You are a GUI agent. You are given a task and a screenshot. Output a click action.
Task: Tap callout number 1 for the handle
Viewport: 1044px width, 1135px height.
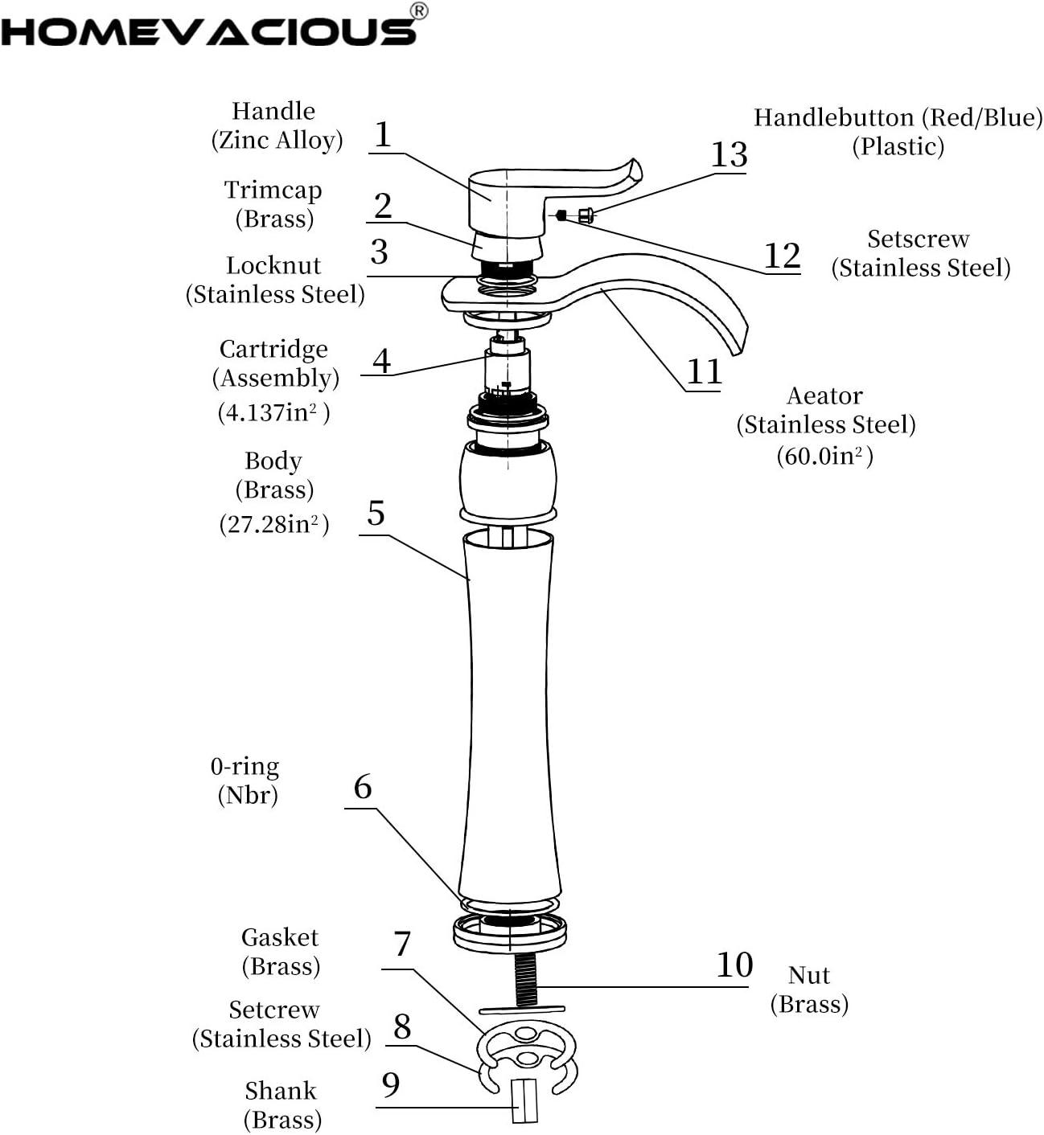[383, 135]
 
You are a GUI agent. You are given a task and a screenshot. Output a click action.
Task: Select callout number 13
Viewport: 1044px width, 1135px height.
[729, 154]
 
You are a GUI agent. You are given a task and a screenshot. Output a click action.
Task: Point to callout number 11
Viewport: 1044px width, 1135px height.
[704, 372]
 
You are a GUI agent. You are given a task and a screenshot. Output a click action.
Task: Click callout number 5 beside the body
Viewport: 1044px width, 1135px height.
[376, 514]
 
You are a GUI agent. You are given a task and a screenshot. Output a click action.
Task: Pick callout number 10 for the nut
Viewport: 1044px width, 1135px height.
[734, 965]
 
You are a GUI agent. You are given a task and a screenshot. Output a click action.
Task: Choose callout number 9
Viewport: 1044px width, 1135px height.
[391, 1085]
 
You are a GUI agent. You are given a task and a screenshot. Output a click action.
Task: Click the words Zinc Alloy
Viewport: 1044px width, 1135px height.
[277, 141]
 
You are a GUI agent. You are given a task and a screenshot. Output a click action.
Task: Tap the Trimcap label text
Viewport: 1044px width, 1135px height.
[273, 191]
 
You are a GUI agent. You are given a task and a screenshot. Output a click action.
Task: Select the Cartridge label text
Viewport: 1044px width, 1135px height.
[273, 350]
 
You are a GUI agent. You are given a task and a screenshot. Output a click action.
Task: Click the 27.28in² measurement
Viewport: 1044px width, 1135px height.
[273, 524]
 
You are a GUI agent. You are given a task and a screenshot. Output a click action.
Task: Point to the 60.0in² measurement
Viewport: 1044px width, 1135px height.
[824, 457]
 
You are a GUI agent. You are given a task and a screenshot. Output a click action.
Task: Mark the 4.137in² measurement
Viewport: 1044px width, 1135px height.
[273, 412]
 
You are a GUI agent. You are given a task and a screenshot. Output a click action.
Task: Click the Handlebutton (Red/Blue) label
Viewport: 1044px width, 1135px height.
[898, 118]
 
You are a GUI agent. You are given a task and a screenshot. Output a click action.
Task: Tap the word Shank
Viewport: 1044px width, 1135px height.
[281, 1091]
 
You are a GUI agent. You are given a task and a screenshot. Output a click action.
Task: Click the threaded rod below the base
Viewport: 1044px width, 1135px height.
[525, 977]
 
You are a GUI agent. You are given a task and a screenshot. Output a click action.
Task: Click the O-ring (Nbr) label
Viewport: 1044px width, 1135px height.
[245, 780]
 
